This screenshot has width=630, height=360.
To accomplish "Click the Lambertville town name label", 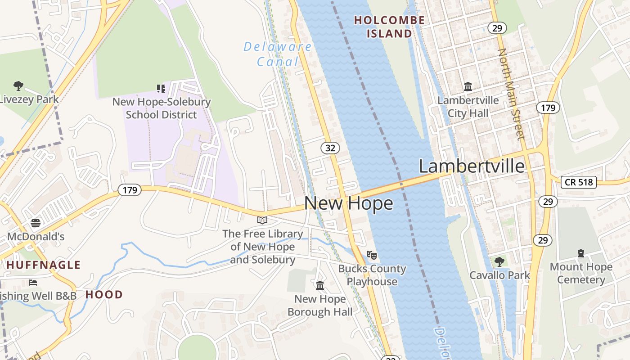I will (472, 166).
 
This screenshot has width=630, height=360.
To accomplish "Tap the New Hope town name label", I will (348, 203).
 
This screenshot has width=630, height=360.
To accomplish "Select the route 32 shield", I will (330, 148).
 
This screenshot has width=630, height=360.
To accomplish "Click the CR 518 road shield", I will (579, 182).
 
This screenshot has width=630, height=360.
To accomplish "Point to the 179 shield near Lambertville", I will (548, 108).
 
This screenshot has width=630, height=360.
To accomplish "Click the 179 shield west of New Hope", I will (130, 190).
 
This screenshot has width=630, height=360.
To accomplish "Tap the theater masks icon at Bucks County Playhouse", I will (371, 255).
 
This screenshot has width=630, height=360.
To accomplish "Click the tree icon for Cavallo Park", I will (499, 261).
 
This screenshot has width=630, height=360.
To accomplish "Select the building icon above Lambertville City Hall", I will (468, 86).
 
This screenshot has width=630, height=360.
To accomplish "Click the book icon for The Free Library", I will (262, 220).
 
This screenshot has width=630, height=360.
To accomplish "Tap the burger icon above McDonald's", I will (36, 223).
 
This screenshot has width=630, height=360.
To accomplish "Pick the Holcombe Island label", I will (389, 27).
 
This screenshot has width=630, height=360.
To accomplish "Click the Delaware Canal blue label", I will (278, 54).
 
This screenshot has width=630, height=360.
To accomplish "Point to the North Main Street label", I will (511, 94).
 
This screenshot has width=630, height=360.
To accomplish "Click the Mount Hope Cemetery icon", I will (581, 253).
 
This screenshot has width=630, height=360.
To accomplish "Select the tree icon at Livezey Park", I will (18, 85).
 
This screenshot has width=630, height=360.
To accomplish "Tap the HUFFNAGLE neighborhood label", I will (44, 265).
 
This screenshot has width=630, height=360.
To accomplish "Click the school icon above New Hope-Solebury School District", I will (161, 88).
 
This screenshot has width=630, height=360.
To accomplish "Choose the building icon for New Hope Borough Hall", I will (320, 285).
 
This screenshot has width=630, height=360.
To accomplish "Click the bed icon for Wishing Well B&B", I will (33, 283).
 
